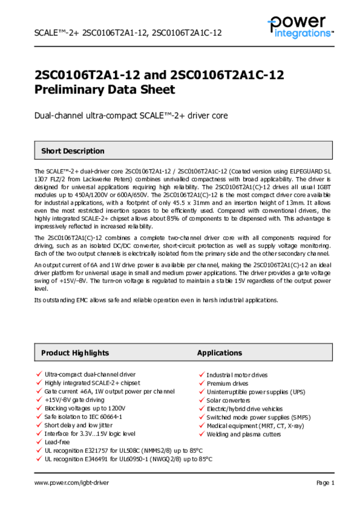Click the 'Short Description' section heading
(x=73, y=151)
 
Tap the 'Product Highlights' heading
(x=75, y=353)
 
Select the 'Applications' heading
(x=219, y=353)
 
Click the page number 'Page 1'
(x=325, y=483)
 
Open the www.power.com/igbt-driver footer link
(x=71, y=483)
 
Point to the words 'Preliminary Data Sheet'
(x=104, y=90)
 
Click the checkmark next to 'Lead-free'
(x=39, y=441)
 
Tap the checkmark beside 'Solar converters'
(x=201, y=400)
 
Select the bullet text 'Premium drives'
(x=227, y=384)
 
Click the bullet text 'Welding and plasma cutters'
(x=244, y=434)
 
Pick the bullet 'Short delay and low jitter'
(x=79, y=425)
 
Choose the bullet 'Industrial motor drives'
(x=237, y=375)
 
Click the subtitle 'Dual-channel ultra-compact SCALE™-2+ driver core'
(x=130, y=116)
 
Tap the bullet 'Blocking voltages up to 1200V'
(x=85, y=408)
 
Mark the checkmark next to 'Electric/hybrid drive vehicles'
(x=201, y=409)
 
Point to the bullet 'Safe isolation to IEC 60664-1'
(x=83, y=417)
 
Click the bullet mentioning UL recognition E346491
(x=128, y=459)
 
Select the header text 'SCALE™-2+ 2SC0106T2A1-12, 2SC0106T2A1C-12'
(x=128, y=33)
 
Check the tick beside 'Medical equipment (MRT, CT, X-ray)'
(x=201, y=425)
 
